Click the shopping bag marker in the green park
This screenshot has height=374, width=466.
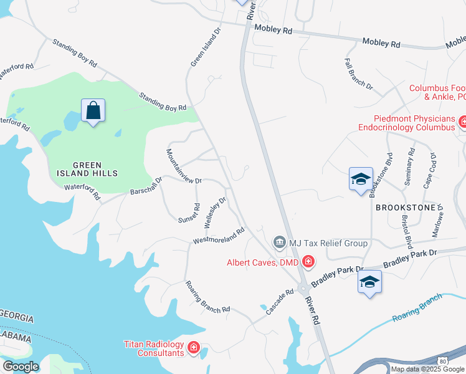click(93, 111)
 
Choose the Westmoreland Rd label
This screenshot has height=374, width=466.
click(218, 236)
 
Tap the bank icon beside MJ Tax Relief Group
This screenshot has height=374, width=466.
click(279, 241)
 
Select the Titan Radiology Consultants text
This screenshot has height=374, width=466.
click(154, 348)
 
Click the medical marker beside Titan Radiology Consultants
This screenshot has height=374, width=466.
click(193, 347)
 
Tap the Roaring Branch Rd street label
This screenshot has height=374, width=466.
click(207, 296)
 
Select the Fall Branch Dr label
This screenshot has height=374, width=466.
click(358, 74)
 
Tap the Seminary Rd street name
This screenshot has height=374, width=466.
click(411, 168)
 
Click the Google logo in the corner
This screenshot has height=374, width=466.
click(21, 366)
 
